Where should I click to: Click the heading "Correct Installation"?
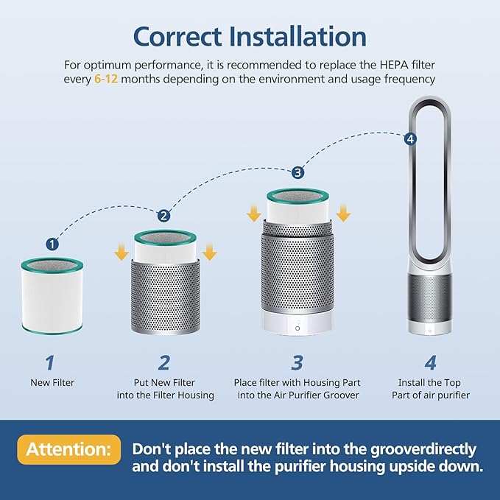tap(250, 37)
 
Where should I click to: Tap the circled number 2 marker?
tap(163, 216)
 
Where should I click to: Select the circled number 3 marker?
tap(297, 173)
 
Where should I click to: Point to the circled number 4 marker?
tap(410, 138)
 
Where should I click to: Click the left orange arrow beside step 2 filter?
tap(119, 253)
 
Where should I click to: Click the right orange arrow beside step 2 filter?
tap(210, 253)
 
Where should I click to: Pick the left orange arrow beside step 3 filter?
tap(253, 213)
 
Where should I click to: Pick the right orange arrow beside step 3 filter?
tap(343, 213)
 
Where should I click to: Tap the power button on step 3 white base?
tap(297, 328)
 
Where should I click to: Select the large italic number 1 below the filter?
tap(50, 362)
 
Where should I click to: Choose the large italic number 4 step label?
tap(431, 362)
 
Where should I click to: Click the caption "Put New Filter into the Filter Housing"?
tap(165, 389)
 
